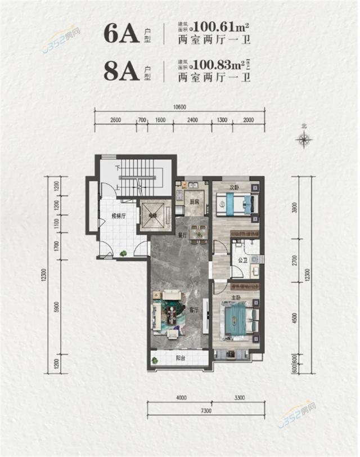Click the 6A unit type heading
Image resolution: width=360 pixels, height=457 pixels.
(121, 35)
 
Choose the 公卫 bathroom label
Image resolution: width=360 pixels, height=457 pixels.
(242, 261)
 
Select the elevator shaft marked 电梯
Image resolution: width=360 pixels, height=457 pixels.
(153, 215)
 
